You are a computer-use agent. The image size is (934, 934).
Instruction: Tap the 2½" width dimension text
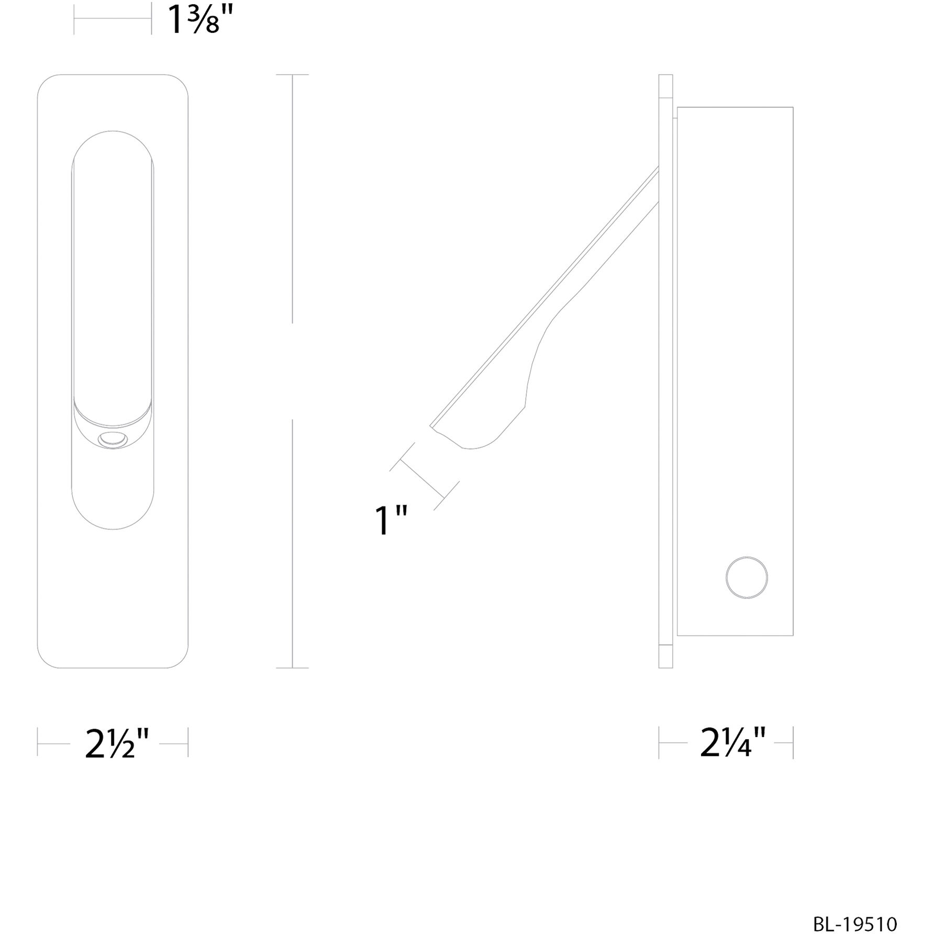click(x=118, y=743)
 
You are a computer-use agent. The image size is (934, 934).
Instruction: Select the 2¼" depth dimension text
click(x=733, y=743)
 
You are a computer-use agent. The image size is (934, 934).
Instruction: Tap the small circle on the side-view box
click(x=747, y=577)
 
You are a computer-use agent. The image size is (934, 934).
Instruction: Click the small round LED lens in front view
click(x=113, y=441)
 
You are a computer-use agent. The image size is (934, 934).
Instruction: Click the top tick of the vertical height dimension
click(x=292, y=75)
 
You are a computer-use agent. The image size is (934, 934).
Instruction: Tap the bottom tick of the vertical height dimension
click(x=292, y=668)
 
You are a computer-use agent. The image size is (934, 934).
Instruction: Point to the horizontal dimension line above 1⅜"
click(x=113, y=19)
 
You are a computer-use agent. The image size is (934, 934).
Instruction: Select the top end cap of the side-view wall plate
click(x=665, y=86)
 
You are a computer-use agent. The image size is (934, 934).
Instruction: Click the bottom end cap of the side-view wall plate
click(x=665, y=656)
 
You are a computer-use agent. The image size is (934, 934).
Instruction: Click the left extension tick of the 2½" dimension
click(x=38, y=742)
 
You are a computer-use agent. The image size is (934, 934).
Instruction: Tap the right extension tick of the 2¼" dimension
click(x=793, y=742)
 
